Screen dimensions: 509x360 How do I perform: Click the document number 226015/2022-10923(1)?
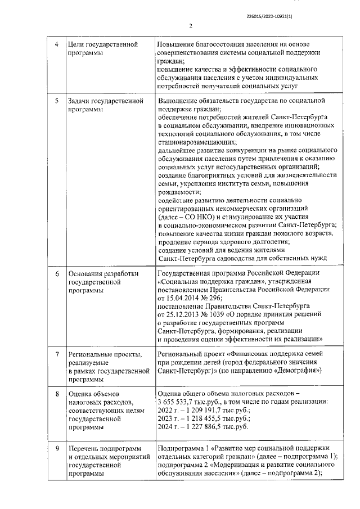(x=269, y=16)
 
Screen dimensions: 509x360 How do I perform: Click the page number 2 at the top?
(x=191, y=26)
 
